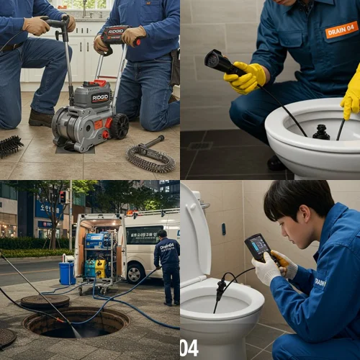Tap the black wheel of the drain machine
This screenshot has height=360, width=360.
coord(118,126)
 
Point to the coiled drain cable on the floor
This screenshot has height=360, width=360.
coord(149,158)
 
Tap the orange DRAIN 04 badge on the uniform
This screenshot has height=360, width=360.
coord(341,30)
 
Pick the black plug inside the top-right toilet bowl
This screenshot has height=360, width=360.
coord(321,132)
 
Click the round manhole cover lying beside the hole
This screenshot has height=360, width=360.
coord(45,302)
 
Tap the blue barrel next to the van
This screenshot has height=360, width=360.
coord(66,273)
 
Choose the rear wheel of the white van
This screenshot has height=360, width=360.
coord(135,272)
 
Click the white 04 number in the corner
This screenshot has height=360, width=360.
coord(189,348)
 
